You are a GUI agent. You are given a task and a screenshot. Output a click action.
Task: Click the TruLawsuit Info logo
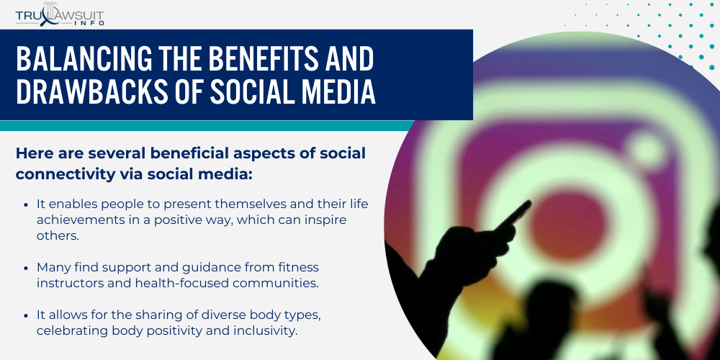pyautogui.click(x=60, y=14)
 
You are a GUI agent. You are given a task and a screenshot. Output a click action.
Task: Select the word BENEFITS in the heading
pyautogui.click(x=266, y=59)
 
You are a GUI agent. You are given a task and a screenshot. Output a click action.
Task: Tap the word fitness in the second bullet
pyautogui.click(x=298, y=267)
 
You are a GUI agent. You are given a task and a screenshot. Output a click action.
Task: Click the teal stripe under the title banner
pyautogui.click(x=207, y=126)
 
